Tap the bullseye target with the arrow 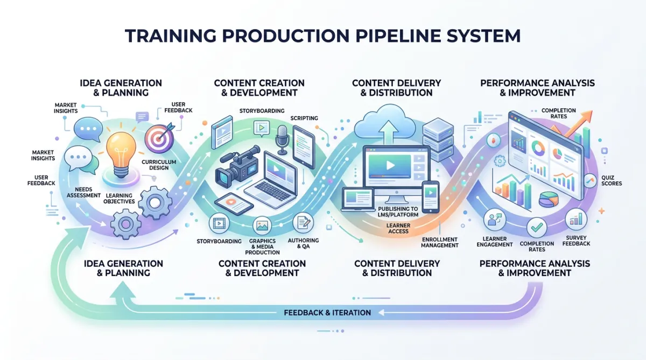[160, 137]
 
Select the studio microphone [282, 137]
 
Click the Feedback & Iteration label [327, 313]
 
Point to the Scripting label [304, 118]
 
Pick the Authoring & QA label [307, 243]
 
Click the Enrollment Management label [440, 242]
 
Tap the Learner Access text [398, 228]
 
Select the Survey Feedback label [577, 241]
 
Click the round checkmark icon [537, 228]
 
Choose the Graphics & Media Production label [262, 246]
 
